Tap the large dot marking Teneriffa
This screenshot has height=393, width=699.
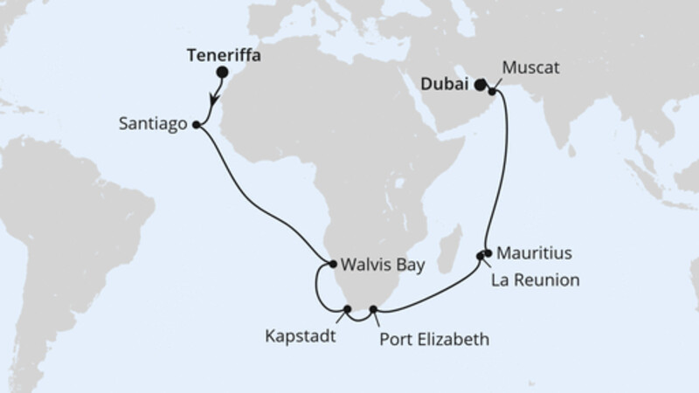coord(222,73)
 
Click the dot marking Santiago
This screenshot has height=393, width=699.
coord(195,125)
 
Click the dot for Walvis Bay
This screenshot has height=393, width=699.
coord(332,263)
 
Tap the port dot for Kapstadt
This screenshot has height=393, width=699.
coord(348,309)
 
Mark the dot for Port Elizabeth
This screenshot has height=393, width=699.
coord(374,309)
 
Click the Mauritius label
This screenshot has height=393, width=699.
coord(533,254)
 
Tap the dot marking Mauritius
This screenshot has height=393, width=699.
coord(488,253)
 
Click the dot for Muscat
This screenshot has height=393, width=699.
coord(493,88)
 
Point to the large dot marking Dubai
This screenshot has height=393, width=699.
coord(480,85)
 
